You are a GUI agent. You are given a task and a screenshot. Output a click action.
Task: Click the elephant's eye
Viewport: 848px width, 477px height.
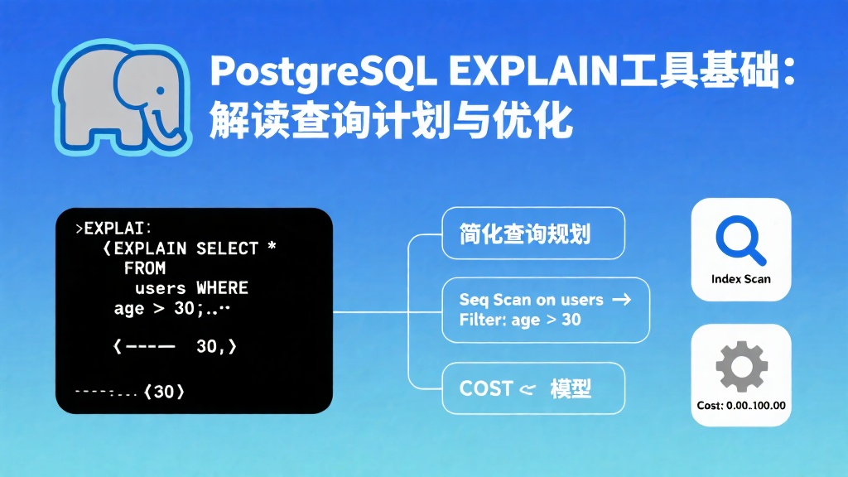click(x=160, y=91)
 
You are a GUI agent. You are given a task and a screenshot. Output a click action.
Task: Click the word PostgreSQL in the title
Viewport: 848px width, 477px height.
click(x=323, y=72)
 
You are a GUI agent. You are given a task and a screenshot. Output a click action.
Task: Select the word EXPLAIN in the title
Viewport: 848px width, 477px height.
click(x=532, y=70)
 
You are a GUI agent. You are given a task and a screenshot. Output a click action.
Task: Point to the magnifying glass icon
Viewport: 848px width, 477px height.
click(x=740, y=239)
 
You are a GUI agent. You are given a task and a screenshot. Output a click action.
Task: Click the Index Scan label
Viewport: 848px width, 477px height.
click(x=741, y=279)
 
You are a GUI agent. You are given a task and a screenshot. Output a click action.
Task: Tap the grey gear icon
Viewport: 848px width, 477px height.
click(x=741, y=366)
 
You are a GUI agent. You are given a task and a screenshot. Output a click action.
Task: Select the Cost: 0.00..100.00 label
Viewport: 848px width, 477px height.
click(x=741, y=406)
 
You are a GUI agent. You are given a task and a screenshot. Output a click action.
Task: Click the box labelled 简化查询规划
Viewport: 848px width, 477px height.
click(x=533, y=233)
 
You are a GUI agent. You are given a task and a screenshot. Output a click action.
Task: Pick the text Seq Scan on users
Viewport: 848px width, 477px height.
click(x=531, y=300)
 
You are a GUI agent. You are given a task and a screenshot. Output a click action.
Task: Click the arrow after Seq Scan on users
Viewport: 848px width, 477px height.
click(x=621, y=299)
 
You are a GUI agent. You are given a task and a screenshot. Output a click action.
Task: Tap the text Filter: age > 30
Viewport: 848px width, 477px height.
click(x=520, y=320)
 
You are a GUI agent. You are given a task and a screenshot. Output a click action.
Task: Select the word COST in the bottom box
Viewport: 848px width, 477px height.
click(x=485, y=388)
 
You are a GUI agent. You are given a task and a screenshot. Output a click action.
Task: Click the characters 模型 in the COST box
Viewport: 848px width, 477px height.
click(x=571, y=388)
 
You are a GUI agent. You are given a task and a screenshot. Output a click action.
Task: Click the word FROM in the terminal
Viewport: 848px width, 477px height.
click(x=145, y=268)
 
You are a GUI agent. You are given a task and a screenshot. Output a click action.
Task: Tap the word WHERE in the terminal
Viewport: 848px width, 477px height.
click(x=222, y=287)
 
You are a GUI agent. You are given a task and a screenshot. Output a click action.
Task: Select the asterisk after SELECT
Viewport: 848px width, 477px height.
click(x=272, y=246)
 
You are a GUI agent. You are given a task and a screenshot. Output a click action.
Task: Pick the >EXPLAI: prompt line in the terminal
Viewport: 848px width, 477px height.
click(x=113, y=229)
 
